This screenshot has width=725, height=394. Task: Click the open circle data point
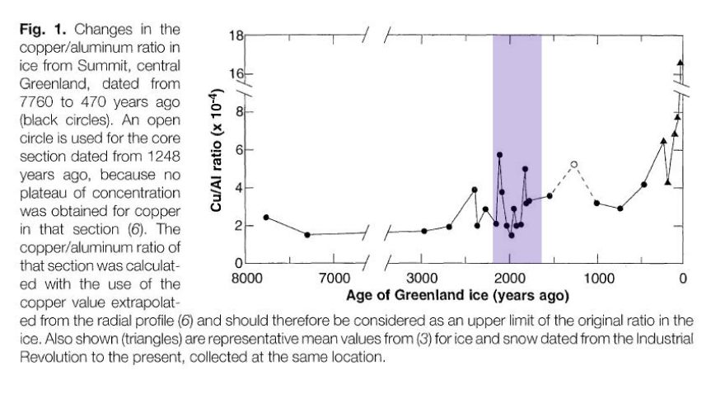pyautogui.click(x=574, y=164)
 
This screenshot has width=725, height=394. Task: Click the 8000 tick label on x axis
pyautogui.click(x=246, y=278)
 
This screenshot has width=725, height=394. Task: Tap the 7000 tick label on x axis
pyautogui.click(x=334, y=278)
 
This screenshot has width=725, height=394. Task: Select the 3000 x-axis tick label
pyautogui.click(x=421, y=278)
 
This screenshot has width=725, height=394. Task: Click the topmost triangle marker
pyautogui.click(x=681, y=62)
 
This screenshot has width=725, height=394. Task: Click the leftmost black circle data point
pyautogui.click(x=266, y=218)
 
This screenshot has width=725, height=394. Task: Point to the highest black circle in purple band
pyautogui.click(x=499, y=155)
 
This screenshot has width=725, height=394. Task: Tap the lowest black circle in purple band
pyautogui.click(x=511, y=235)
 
